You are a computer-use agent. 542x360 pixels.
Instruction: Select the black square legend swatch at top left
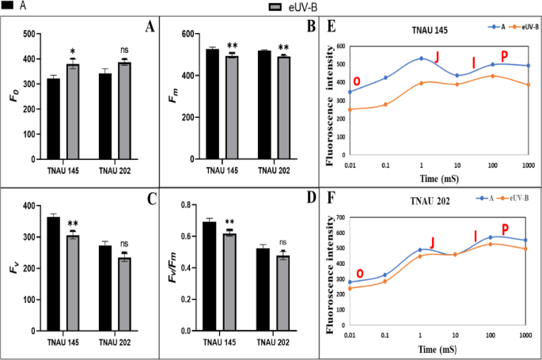pos(7,6)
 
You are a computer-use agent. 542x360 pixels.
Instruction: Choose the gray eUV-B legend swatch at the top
pos(275,7)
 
